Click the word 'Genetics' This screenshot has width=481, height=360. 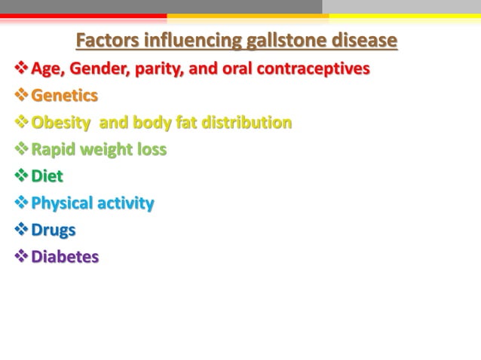(64, 96)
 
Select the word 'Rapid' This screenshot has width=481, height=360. (54, 150)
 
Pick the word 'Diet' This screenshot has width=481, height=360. (47, 176)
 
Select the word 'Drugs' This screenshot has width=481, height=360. (53, 230)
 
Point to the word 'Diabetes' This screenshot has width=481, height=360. (65, 257)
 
